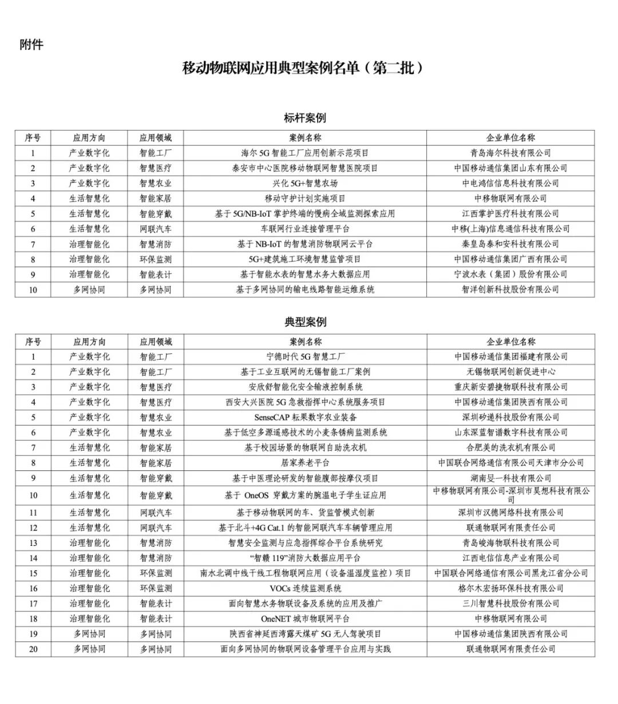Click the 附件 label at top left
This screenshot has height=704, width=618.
click(x=31, y=45)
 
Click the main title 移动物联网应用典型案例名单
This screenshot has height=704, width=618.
click(x=304, y=68)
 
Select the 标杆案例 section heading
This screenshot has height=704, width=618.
click(x=305, y=118)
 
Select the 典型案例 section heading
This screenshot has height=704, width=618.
click(x=306, y=322)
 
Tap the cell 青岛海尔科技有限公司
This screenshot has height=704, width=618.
click(x=510, y=153)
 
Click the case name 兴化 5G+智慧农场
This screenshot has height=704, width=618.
click(x=305, y=183)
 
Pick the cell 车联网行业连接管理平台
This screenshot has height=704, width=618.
click(x=305, y=229)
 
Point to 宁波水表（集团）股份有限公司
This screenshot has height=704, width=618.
click(x=510, y=274)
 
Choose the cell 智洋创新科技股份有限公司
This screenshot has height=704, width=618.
click(x=510, y=290)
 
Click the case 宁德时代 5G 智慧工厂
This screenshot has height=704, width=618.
click(x=306, y=356)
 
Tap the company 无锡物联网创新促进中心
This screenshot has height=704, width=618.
click(x=511, y=372)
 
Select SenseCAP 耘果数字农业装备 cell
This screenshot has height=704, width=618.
click(x=306, y=417)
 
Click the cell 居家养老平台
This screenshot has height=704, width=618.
click(x=306, y=463)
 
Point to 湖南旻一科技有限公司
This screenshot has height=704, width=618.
click(x=511, y=478)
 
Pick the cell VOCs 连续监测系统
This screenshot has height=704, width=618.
click(x=306, y=588)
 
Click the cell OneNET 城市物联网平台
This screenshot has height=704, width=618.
click(x=306, y=619)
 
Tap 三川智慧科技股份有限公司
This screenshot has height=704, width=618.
click(x=511, y=603)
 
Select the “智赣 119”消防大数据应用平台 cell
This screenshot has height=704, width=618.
click(x=306, y=558)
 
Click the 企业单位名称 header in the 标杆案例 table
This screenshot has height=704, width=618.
click(x=510, y=138)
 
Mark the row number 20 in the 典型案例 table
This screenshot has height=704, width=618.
click(x=33, y=649)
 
